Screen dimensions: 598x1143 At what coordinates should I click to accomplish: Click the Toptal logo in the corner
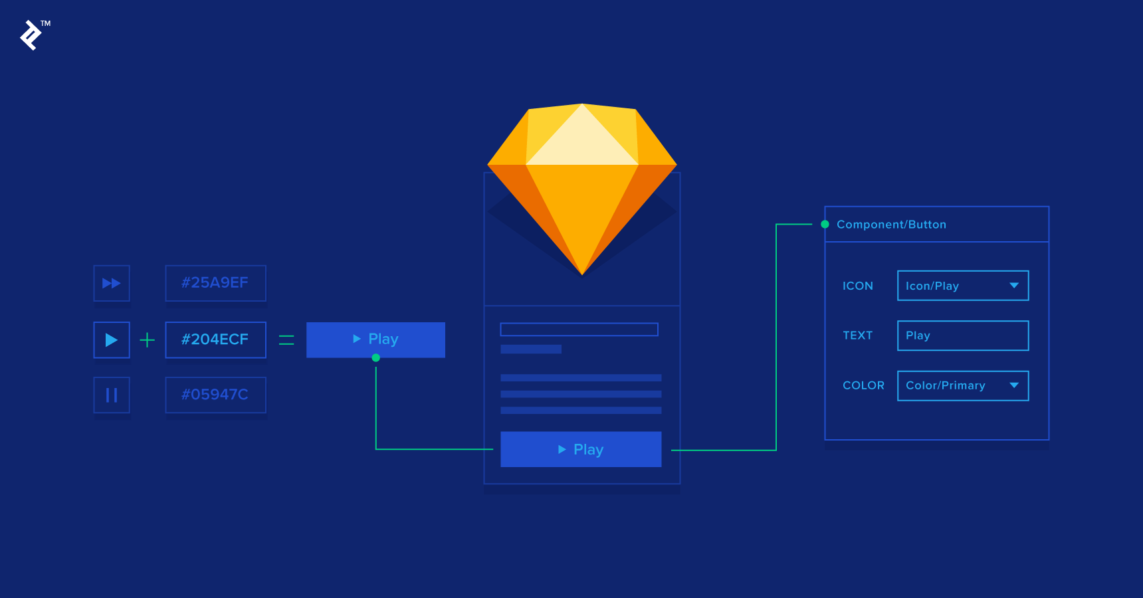pyautogui.click(x=31, y=35)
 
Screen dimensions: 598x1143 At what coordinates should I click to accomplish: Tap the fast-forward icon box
pyautogui.click(x=112, y=283)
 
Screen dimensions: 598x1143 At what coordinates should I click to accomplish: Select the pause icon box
pyautogui.click(x=112, y=395)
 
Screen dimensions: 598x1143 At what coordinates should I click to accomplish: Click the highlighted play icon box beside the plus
pyautogui.click(x=112, y=340)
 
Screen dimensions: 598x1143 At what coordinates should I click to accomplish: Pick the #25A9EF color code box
pyautogui.click(x=215, y=283)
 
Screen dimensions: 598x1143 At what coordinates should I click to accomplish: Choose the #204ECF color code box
pyautogui.click(x=215, y=340)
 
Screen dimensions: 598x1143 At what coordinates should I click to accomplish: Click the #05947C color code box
pyautogui.click(x=215, y=395)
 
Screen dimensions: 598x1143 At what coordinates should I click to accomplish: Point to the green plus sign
pyautogui.click(x=147, y=340)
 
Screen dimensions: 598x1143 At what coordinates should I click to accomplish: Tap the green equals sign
pyautogui.click(x=286, y=340)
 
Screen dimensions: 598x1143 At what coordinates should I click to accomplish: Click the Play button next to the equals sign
pyautogui.click(x=375, y=340)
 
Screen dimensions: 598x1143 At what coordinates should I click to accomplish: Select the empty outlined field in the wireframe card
pyautogui.click(x=579, y=330)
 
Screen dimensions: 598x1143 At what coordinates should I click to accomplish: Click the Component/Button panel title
pyautogui.click(x=891, y=225)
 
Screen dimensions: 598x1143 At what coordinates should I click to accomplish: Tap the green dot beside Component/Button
pyautogui.click(x=825, y=225)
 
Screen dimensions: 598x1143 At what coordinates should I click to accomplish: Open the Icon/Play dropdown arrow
pyautogui.click(x=1014, y=286)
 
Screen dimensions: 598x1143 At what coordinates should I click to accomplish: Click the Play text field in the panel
pyautogui.click(x=962, y=336)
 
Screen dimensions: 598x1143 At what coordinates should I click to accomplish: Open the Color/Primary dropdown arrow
pyautogui.click(x=1014, y=385)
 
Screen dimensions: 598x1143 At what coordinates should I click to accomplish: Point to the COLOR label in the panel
pyautogui.click(x=863, y=385)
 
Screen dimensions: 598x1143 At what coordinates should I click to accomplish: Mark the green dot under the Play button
pyautogui.click(x=376, y=358)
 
